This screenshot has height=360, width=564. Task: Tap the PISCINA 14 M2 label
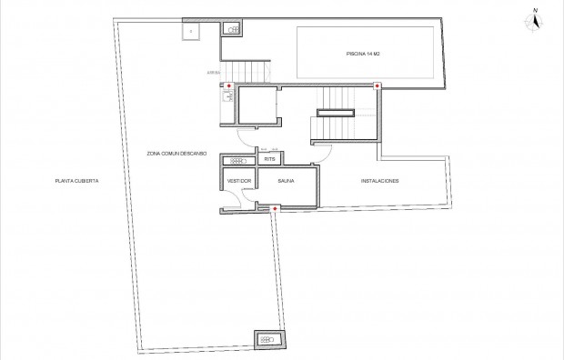click(x=363, y=55)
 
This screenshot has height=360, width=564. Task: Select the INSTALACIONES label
click(x=380, y=181)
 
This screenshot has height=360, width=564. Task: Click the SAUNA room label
click(x=288, y=181)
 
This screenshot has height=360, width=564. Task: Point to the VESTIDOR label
click(x=238, y=181)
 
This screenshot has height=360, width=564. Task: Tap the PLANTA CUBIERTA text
click(x=76, y=181)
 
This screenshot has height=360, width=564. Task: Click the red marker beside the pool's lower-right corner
click(x=378, y=86)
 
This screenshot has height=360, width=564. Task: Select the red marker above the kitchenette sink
click(x=228, y=86)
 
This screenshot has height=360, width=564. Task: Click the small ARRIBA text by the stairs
click(x=214, y=71)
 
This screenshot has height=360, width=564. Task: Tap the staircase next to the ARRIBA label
click(x=247, y=70)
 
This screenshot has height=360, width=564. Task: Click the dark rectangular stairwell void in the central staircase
click(x=335, y=113)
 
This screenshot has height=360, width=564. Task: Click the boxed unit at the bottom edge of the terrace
click(x=269, y=340)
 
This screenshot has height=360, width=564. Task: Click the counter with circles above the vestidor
click(x=237, y=160)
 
